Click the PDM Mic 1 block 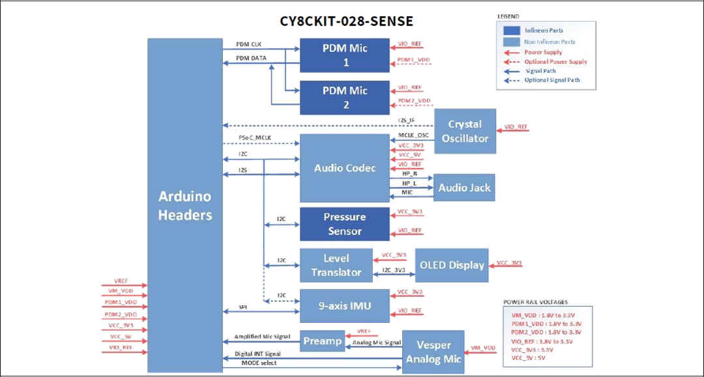(x=344, y=55)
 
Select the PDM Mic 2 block (x=344, y=98)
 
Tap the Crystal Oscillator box (x=465, y=131)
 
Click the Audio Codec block (x=344, y=168)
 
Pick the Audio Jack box (x=464, y=188)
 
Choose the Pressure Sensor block (x=344, y=224)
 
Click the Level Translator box (x=336, y=265)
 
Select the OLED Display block (x=451, y=265)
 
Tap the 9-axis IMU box (x=344, y=306)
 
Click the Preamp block (x=322, y=341)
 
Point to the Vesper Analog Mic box (x=433, y=352)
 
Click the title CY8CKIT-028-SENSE (x=346, y=21)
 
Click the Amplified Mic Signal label (x=261, y=337)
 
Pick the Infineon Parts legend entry (x=544, y=31)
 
